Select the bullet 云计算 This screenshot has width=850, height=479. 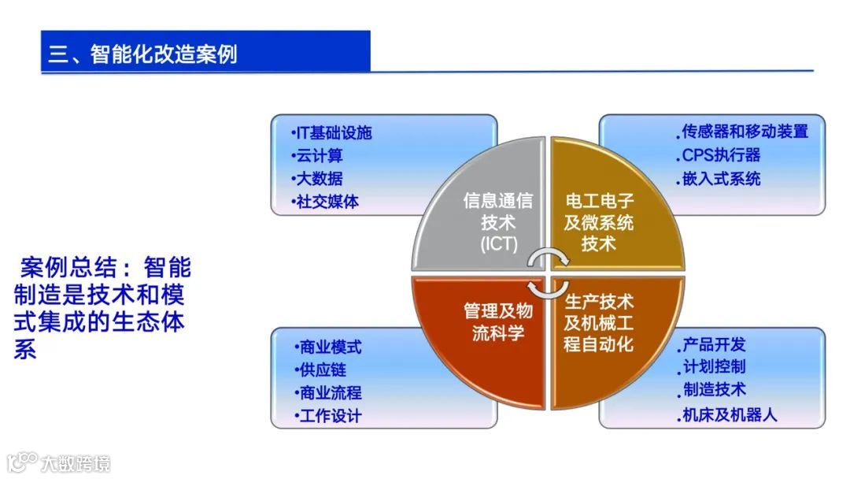pyautogui.click(x=320, y=156)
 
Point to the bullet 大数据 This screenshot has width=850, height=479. pyautogui.click(x=320, y=179)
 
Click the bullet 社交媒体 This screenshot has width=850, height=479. pyautogui.click(x=327, y=202)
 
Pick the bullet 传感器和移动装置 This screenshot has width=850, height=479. pyautogui.click(x=745, y=131)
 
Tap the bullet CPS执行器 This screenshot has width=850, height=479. pyautogui.click(x=721, y=154)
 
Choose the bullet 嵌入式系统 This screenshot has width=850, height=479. pyautogui.click(x=721, y=178)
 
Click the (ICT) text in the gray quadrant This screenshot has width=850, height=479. pyautogui.click(x=499, y=244)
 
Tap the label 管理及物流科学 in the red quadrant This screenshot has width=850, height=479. pyautogui.click(x=493, y=321)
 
